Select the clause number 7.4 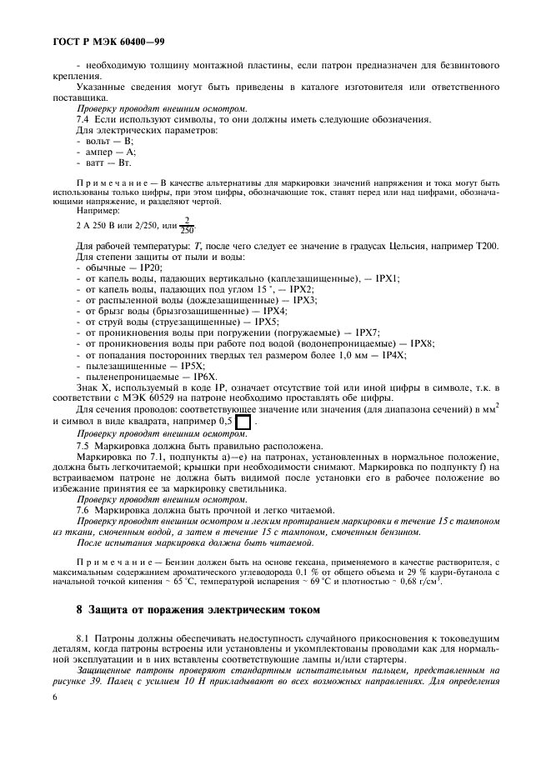(83, 120)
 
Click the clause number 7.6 (83, 508)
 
